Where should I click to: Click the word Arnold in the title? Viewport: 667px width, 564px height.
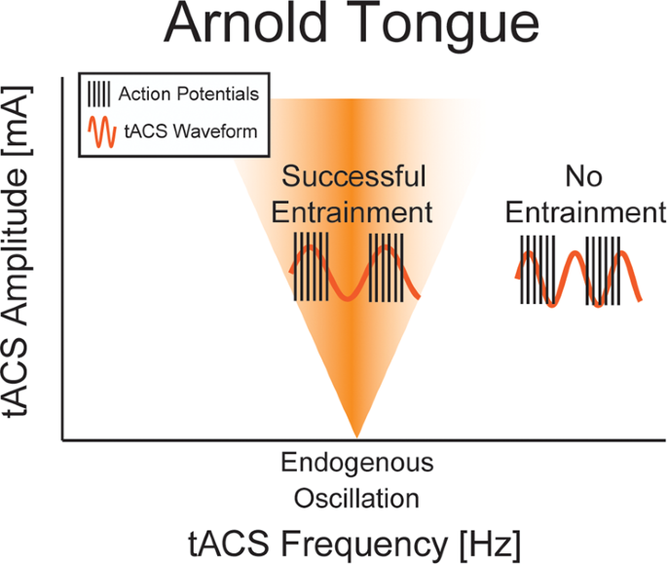(245, 22)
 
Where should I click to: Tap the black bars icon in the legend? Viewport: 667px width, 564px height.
(99, 94)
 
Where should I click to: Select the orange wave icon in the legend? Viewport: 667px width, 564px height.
(101, 132)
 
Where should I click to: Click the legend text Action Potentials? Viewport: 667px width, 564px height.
(189, 94)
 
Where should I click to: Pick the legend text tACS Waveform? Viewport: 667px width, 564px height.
(191, 132)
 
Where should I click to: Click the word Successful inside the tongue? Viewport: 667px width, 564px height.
(353, 175)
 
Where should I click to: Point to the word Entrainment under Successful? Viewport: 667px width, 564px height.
(352, 212)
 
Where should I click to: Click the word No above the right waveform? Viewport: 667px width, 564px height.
(583, 175)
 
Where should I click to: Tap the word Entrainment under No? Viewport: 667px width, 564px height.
(586, 212)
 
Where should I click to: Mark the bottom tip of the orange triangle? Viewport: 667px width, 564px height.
(357, 437)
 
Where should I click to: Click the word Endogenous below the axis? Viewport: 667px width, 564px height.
(357, 463)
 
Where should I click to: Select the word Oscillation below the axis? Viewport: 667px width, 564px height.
(356, 498)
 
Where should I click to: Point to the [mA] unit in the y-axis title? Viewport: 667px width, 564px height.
(17, 122)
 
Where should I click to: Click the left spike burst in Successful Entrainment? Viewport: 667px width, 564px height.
(311, 267)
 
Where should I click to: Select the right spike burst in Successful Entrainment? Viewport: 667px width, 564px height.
(387, 267)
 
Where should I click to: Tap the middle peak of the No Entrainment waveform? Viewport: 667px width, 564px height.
(576, 253)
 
